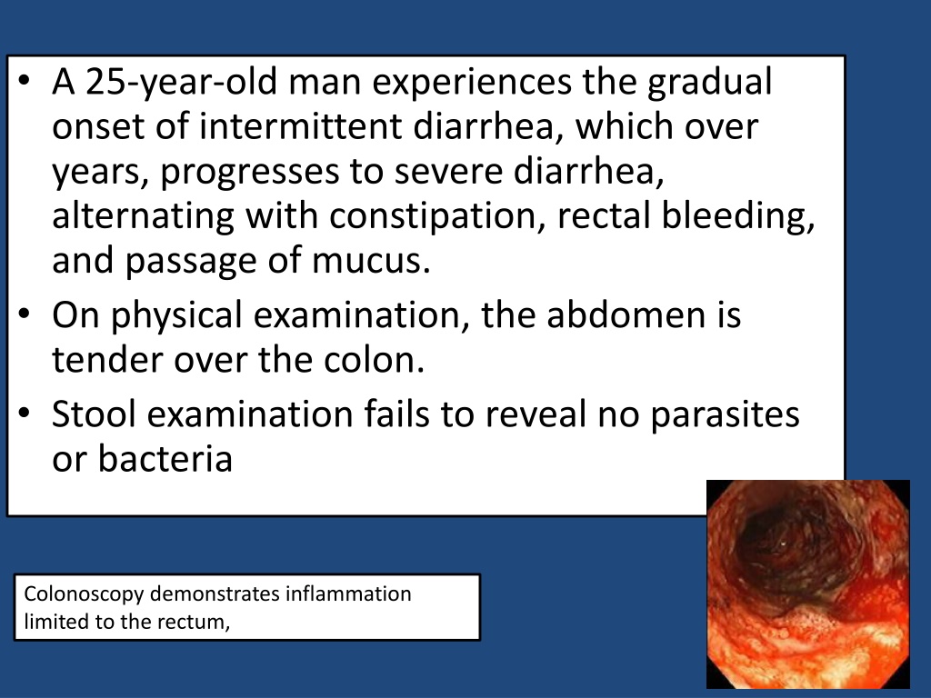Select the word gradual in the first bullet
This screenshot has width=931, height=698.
click(709, 83)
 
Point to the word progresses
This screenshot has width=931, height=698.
click(249, 172)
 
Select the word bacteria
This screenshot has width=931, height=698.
click(165, 459)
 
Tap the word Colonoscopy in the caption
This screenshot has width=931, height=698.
click(84, 594)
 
